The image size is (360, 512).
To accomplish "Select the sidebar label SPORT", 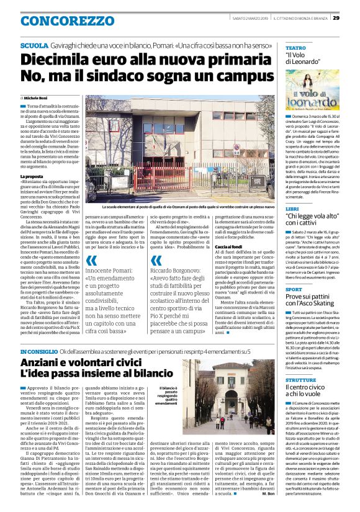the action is (x=294, y=289).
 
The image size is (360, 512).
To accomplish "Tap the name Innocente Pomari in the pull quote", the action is (x=118, y=271).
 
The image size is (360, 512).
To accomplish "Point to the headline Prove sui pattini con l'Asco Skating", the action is (x=314, y=302).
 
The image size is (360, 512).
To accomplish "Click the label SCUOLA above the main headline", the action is (x=32, y=47).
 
